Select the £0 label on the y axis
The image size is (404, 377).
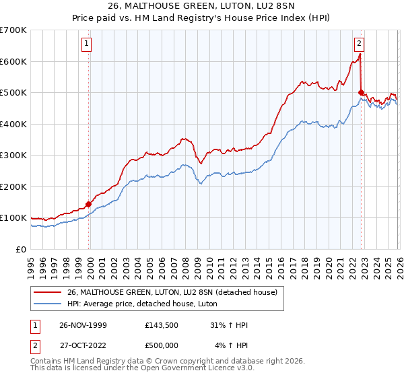coord(21,249)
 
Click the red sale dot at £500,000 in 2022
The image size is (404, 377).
coord(362,93)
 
